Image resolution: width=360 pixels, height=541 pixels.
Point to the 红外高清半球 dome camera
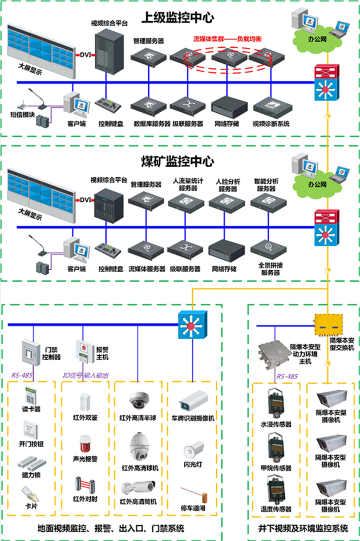tap(139, 399)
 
